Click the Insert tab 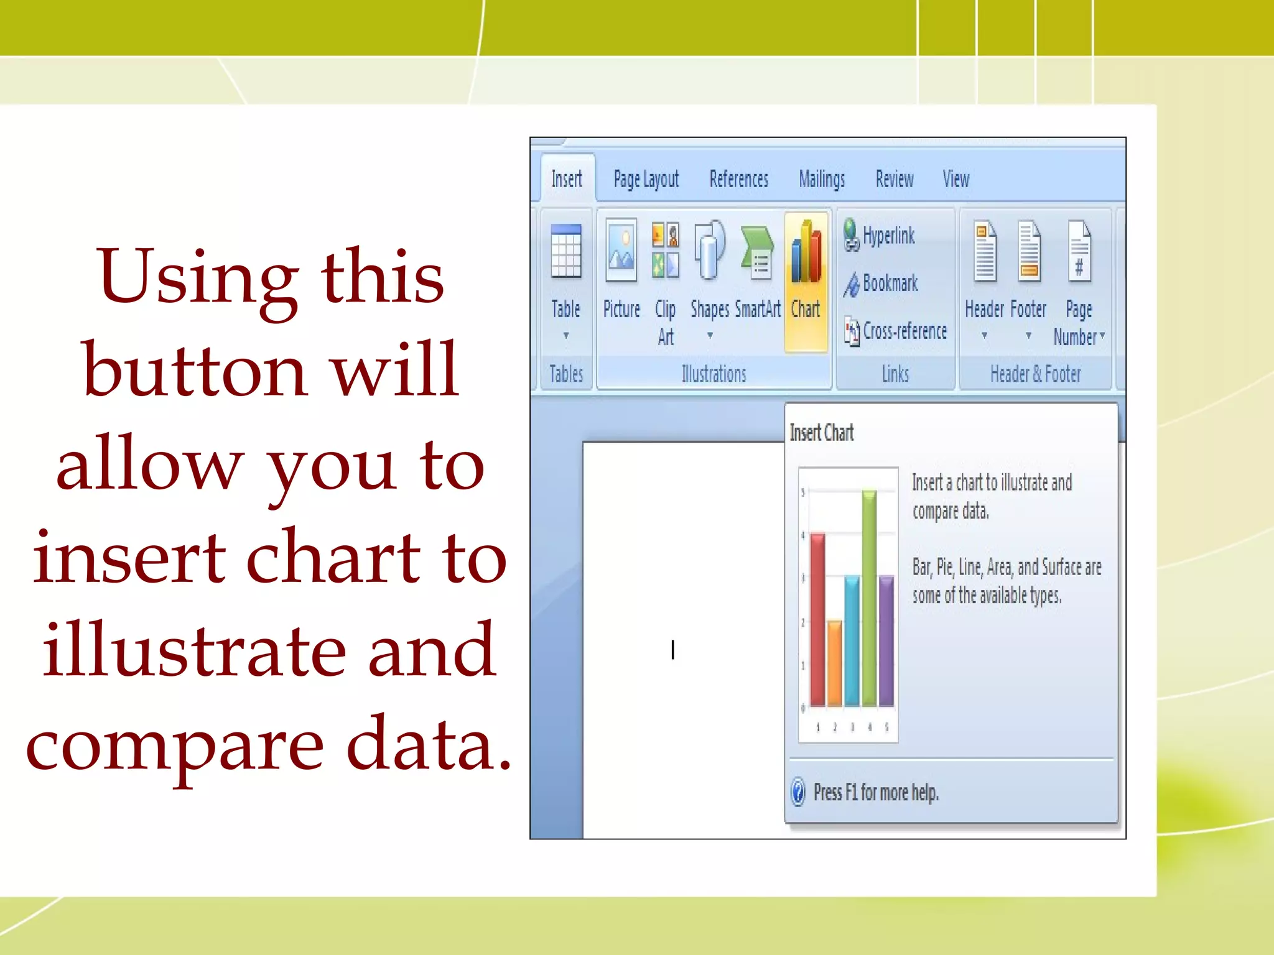tap(566, 179)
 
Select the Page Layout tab tap(646, 180)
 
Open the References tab tap(738, 179)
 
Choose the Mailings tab tap(822, 180)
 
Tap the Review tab tap(894, 179)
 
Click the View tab tap(955, 179)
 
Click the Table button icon tap(566, 251)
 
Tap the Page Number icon tap(1079, 252)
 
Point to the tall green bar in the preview tap(869, 597)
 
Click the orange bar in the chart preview tap(835, 662)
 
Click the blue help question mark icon tap(798, 792)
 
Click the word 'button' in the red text tap(194, 369)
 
